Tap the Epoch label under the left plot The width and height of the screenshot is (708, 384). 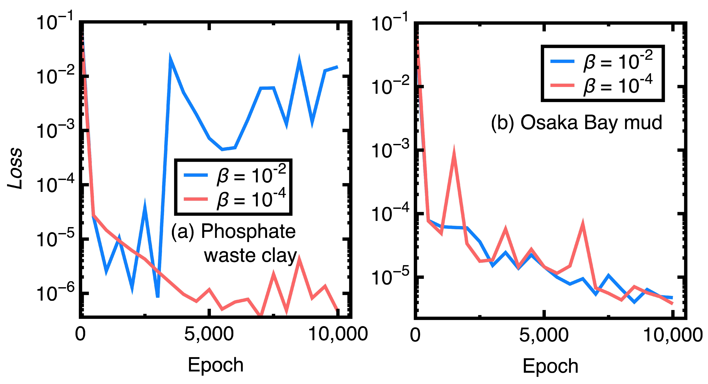click(215, 365)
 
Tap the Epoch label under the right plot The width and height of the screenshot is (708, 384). click(550, 366)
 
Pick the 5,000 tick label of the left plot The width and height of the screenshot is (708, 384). click(209, 334)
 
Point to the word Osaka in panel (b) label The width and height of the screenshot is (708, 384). click(549, 123)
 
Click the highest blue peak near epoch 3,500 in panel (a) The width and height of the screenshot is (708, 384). click(170, 59)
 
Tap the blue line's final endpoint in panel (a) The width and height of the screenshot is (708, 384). click(337, 67)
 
